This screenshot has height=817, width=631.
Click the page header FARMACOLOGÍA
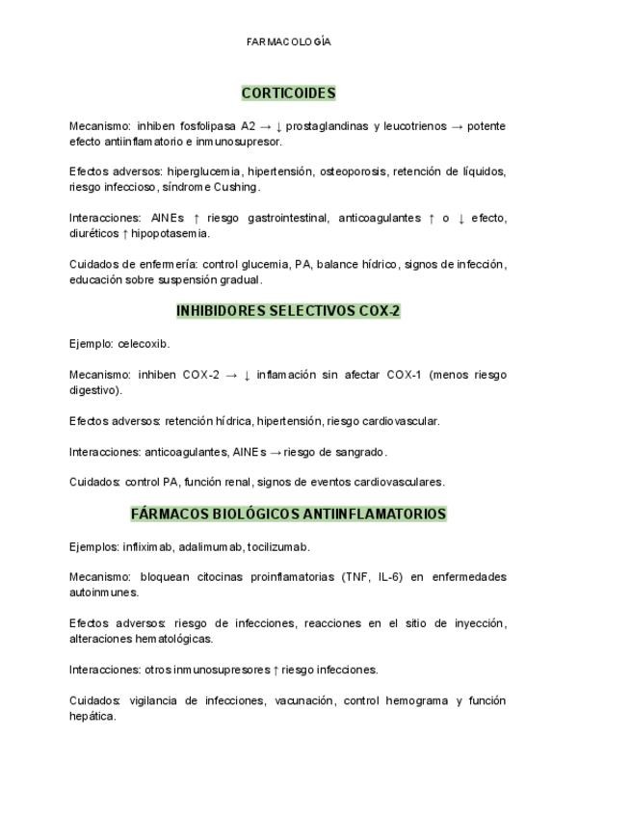tap(289, 42)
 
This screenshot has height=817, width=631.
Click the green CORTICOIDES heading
tap(288, 93)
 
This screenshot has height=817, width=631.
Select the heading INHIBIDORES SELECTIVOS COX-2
tap(288, 311)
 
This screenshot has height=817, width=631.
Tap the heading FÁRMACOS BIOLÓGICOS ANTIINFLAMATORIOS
tap(288, 514)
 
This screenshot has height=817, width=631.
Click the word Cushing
tap(236, 187)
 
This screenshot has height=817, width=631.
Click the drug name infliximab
tap(147, 547)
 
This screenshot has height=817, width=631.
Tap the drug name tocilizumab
tap(277, 547)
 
